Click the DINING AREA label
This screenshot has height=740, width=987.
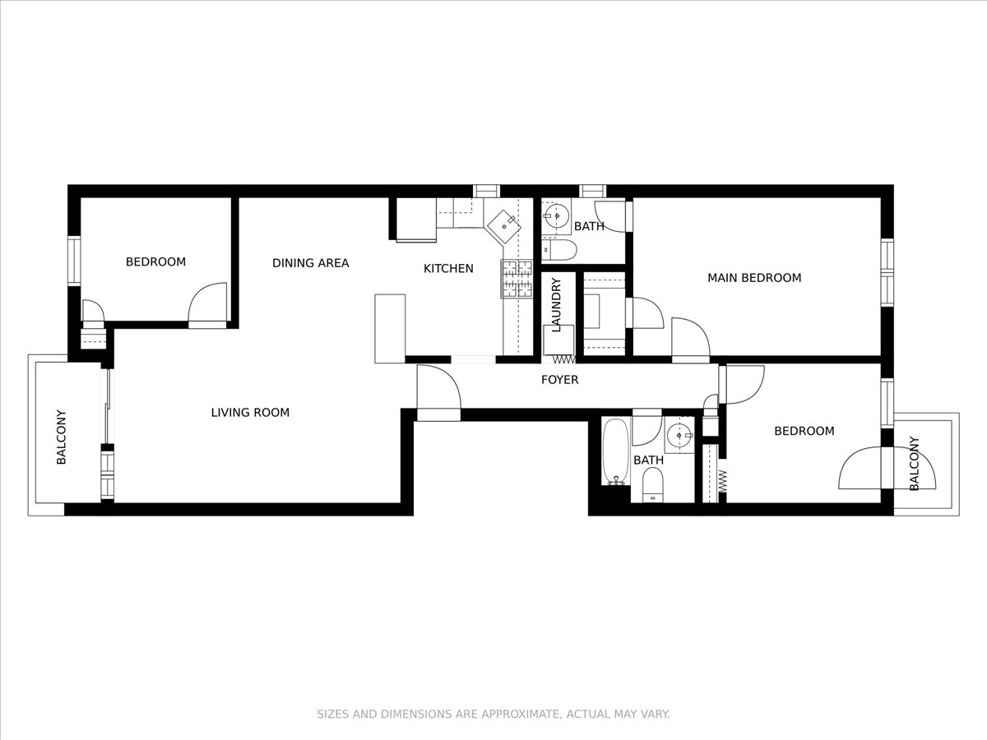point(310,263)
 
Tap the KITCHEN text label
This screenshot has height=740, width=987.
point(448,268)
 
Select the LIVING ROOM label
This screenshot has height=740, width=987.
point(250,413)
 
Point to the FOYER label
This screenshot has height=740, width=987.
point(559,380)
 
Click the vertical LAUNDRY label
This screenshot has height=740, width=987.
point(556,305)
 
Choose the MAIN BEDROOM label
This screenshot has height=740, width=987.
point(754,278)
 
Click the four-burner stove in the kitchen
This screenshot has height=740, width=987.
point(517,279)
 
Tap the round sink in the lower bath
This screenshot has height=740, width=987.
point(679,435)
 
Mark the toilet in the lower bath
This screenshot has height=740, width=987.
point(653,483)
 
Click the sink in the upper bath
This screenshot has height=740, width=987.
point(557,216)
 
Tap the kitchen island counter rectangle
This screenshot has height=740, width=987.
point(390,328)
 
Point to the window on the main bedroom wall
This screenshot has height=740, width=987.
point(887,271)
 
